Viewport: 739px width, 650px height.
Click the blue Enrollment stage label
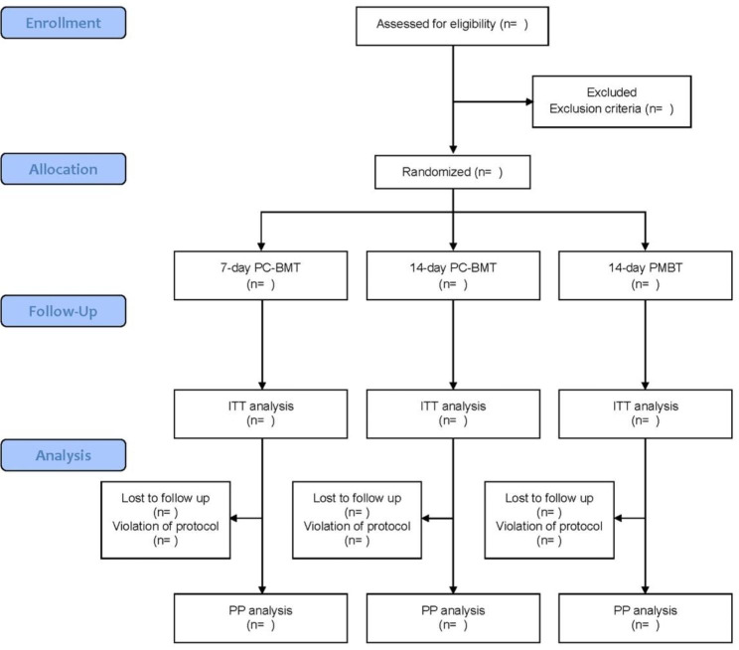coord(65,22)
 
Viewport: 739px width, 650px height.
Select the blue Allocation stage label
coord(65,169)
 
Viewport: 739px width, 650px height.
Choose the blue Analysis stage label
coord(65,456)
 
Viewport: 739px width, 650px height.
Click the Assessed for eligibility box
coord(453,25)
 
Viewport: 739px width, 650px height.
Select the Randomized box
coord(453,171)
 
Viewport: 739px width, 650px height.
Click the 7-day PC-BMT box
coord(262,274)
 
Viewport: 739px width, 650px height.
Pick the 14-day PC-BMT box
coord(454,274)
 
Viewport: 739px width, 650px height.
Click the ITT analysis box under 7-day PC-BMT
coord(262,412)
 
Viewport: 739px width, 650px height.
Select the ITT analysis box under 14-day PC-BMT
coord(454,412)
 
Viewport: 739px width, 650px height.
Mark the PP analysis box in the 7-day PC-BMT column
coord(262,616)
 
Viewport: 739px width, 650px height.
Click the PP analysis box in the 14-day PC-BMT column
coord(454,616)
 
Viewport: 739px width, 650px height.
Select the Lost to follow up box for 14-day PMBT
coord(550,518)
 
